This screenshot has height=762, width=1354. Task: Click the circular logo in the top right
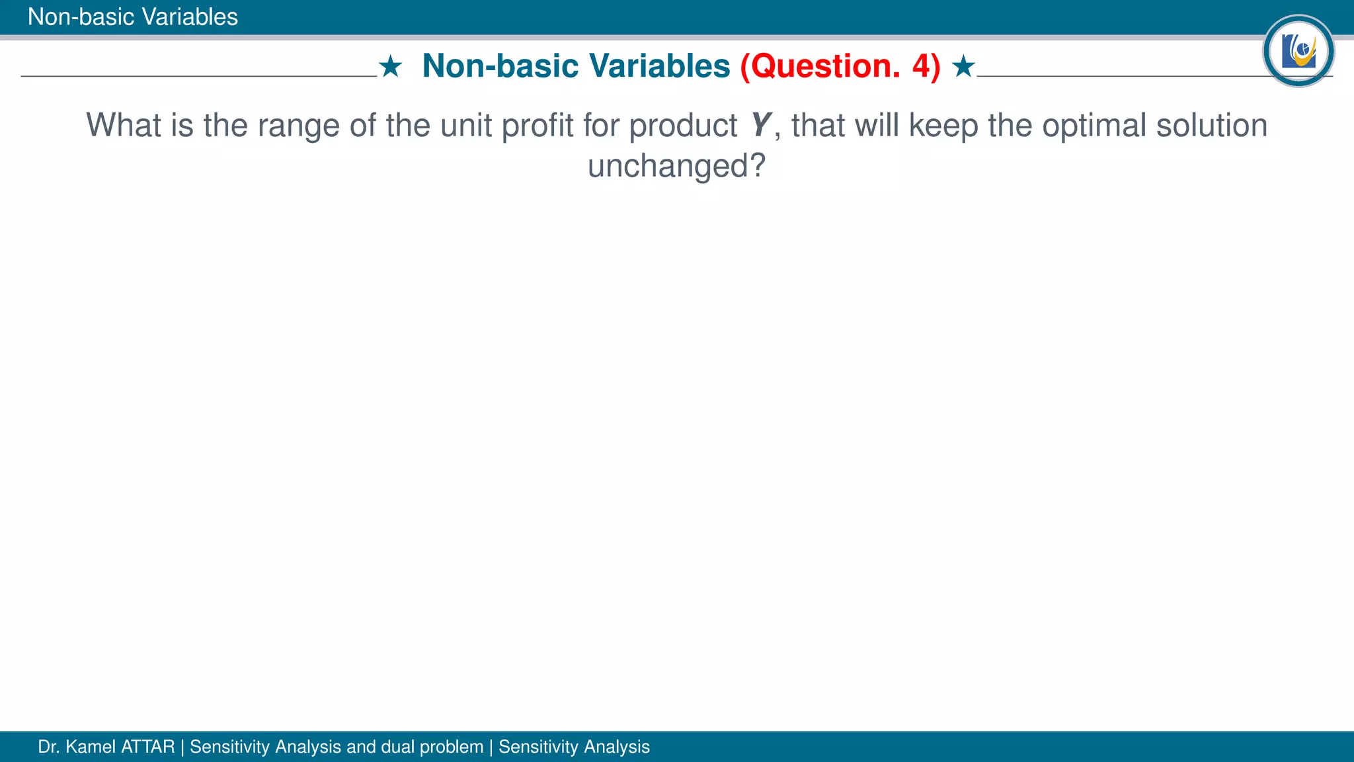1298,51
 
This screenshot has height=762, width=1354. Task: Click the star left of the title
391,67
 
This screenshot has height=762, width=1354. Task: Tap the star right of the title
963,67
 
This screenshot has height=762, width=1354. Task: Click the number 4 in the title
921,66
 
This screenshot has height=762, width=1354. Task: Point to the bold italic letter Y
761,125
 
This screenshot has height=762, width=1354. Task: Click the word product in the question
682,126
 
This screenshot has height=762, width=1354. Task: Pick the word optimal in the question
1094,126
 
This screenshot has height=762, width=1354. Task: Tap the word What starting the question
124,126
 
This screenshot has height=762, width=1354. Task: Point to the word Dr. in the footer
49,747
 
